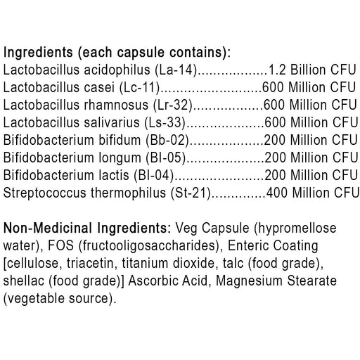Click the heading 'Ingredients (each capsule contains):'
tap(117, 53)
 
